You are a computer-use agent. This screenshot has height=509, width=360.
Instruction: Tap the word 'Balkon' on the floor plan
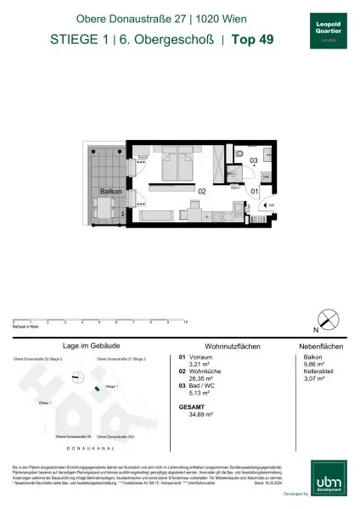[x=110, y=193]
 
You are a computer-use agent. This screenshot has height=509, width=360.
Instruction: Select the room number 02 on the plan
[x=202, y=193]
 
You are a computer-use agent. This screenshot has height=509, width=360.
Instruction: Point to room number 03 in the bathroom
[x=253, y=160]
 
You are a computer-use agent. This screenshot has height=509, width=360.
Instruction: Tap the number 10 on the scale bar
[x=185, y=322]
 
